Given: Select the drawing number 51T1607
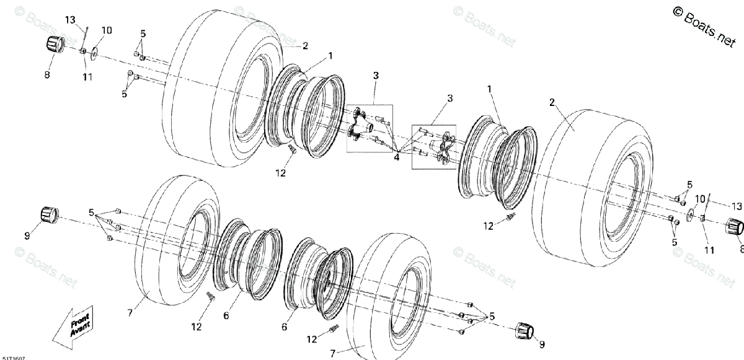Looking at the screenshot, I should click(x=13, y=357).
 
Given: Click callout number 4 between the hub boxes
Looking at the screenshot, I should click(x=396, y=157).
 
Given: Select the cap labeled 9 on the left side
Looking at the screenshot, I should click(x=49, y=214).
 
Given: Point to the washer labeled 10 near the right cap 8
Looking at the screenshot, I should click(x=689, y=216).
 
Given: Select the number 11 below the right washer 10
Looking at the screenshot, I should click(x=709, y=251).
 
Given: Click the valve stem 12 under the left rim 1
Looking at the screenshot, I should click(x=291, y=148).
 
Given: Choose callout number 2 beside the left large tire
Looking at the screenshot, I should click(x=304, y=45).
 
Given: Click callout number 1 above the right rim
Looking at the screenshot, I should click(x=489, y=90).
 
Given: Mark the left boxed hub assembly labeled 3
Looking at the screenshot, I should click(x=369, y=127).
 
